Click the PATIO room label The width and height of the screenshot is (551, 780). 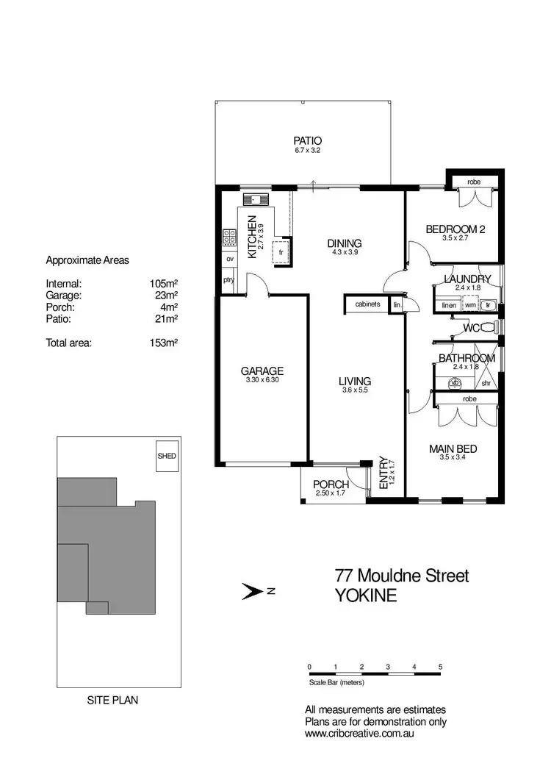pyautogui.click(x=308, y=140)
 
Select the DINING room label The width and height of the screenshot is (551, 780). pyautogui.click(x=345, y=244)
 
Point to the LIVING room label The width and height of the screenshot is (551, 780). pyautogui.click(x=354, y=382)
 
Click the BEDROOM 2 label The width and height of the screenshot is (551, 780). pyautogui.click(x=455, y=229)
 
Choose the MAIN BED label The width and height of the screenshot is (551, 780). pyautogui.click(x=453, y=448)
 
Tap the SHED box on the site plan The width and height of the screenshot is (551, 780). pyautogui.click(x=167, y=456)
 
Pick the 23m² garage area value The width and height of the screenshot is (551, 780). pyautogui.click(x=166, y=295)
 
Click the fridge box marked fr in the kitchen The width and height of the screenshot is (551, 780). pyautogui.click(x=280, y=251)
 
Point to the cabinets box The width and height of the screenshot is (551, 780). pyautogui.click(x=367, y=304)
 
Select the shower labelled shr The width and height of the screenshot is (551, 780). pyautogui.click(x=486, y=382)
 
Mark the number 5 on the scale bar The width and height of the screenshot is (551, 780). pyautogui.click(x=440, y=667)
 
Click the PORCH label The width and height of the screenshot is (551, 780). pyautogui.click(x=331, y=485)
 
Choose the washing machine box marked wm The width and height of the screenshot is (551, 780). pyautogui.click(x=470, y=304)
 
